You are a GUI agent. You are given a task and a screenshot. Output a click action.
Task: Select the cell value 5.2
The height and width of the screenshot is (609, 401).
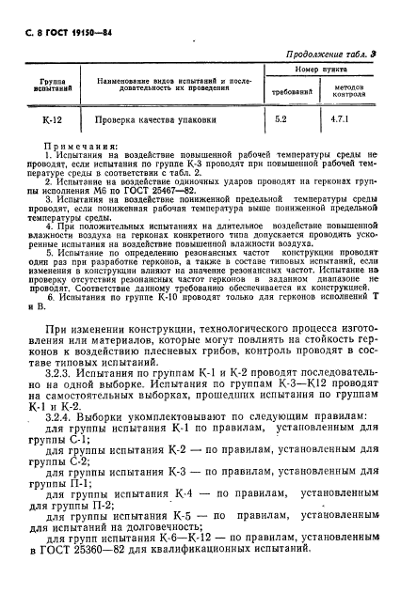click(x=281, y=120)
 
